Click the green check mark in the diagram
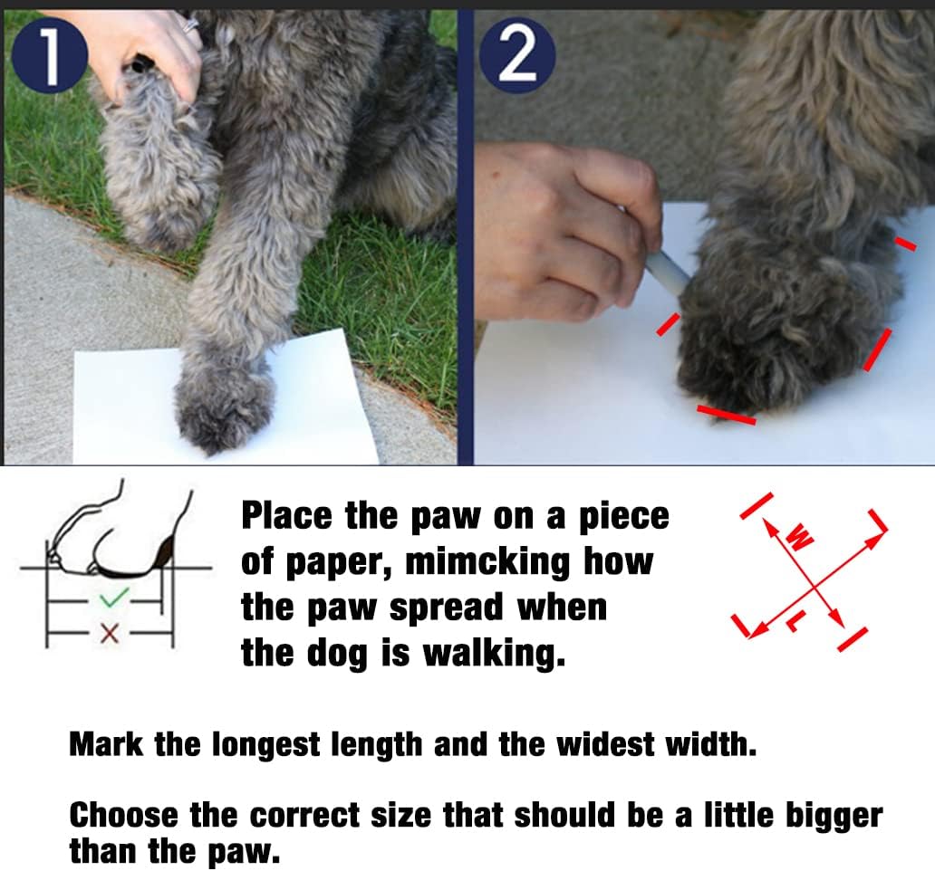coord(114,598)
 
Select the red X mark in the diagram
coord(109,633)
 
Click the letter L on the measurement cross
coord(796,622)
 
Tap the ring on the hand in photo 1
coord(191,25)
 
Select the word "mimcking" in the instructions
coord(487,562)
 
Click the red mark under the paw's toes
coord(727,415)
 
